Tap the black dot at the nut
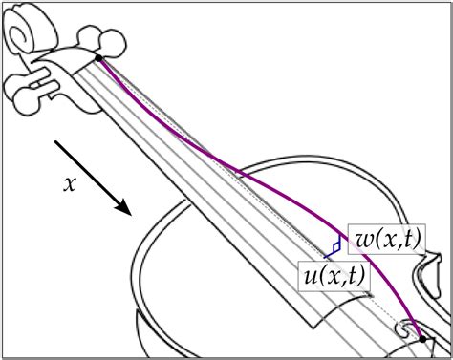(x=98, y=58)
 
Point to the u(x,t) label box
(x=332, y=277)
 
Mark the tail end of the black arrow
(x=56, y=144)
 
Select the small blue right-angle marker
(x=334, y=248)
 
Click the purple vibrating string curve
(x=220, y=156)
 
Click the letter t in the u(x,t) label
(x=354, y=277)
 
